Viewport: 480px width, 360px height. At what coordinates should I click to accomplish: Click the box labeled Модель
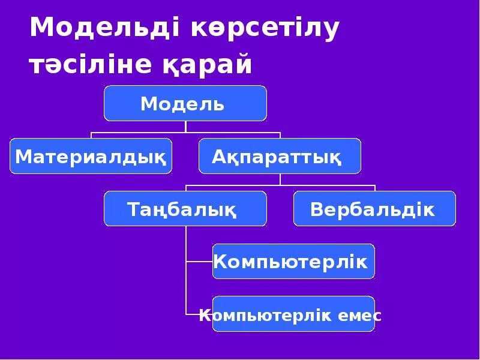[185, 103]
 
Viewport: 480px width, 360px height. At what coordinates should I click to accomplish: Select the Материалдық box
[91, 156]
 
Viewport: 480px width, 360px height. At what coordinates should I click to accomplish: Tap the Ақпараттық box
[280, 156]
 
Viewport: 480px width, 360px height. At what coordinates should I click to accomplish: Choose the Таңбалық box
[185, 209]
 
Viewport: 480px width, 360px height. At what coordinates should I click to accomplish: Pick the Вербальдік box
[374, 209]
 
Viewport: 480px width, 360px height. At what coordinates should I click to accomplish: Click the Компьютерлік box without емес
[293, 262]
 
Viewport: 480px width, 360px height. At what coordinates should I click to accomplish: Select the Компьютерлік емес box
[293, 314]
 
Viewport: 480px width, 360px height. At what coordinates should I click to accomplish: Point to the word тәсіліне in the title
[91, 65]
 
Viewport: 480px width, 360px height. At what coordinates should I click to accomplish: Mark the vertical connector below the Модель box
[185, 127]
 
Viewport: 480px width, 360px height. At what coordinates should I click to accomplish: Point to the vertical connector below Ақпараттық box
[280, 179]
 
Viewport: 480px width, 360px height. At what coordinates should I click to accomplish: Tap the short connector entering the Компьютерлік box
[199, 262]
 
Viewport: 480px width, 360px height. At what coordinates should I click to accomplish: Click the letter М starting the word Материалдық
[22, 157]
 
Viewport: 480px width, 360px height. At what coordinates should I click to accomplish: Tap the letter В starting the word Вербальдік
[317, 209]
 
